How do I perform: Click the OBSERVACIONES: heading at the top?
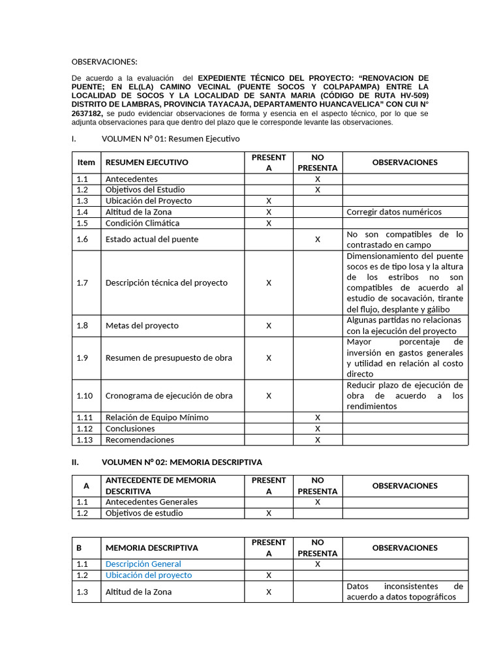(x=104, y=62)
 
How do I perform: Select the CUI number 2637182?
(x=87, y=114)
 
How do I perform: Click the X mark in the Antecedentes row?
(x=318, y=179)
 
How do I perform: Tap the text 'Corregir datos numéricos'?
(x=394, y=212)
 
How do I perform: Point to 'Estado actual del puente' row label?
(x=152, y=239)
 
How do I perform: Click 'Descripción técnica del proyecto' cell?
(x=166, y=283)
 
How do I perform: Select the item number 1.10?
(x=85, y=396)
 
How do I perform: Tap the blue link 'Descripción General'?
(x=144, y=564)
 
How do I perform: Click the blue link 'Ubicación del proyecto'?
(x=149, y=575)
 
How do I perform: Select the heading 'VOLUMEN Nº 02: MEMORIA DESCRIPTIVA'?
(x=182, y=463)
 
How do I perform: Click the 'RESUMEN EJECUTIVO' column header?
(x=147, y=162)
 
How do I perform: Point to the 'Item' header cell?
(x=86, y=162)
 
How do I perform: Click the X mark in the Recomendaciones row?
(x=318, y=440)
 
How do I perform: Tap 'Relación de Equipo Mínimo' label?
(x=157, y=417)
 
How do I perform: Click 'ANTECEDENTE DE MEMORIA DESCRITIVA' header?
(x=160, y=486)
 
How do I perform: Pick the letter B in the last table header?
(x=80, y=548)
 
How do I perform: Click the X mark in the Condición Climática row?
(x=269, y=223)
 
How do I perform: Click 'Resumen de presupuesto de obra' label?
(x=168, y=358)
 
